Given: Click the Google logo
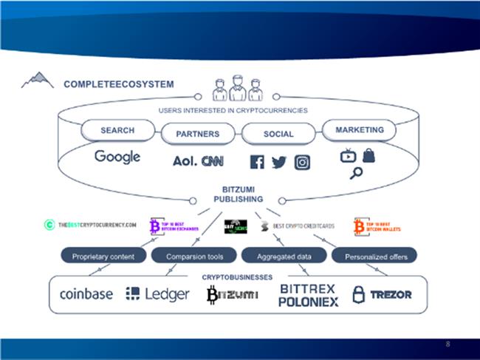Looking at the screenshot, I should point(117,157).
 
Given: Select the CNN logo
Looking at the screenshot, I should point(213,160).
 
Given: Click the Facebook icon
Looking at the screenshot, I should point(257,162).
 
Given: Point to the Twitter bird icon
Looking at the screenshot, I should point(278,162).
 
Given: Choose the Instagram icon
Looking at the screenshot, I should point(301,162).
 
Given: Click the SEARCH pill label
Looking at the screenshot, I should point(117,131).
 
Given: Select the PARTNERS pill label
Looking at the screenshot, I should point(198,134).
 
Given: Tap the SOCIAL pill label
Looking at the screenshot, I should point(278,134).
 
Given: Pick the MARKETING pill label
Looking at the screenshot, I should point(360,130).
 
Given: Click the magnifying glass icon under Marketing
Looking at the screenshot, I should point(357,174).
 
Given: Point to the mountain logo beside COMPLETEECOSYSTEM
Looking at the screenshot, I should point(37,80).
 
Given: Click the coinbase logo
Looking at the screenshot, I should point(86,294).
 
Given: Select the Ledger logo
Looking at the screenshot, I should point(157,294).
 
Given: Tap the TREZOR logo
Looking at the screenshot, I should point(382,294).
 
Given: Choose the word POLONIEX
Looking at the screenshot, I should point(308,302).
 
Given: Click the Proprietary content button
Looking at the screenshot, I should point(103,257).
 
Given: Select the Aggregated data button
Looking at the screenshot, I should point(282,257).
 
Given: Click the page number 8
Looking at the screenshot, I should point(448,345).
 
